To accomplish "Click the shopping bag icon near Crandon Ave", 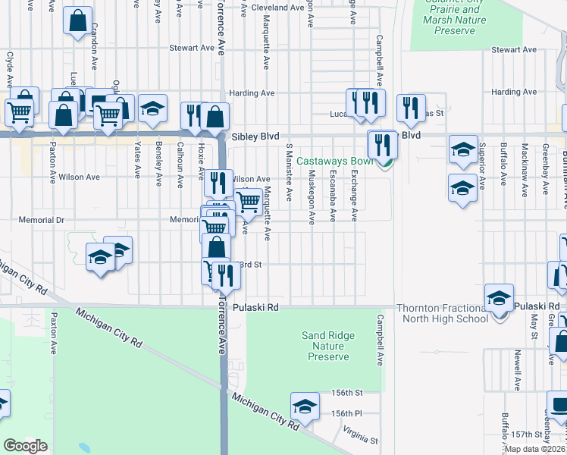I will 78,21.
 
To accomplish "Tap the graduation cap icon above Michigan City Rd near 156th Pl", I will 305,406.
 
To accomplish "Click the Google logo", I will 25,446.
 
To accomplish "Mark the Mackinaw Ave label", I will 525,168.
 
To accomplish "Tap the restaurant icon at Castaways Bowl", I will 381,144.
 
